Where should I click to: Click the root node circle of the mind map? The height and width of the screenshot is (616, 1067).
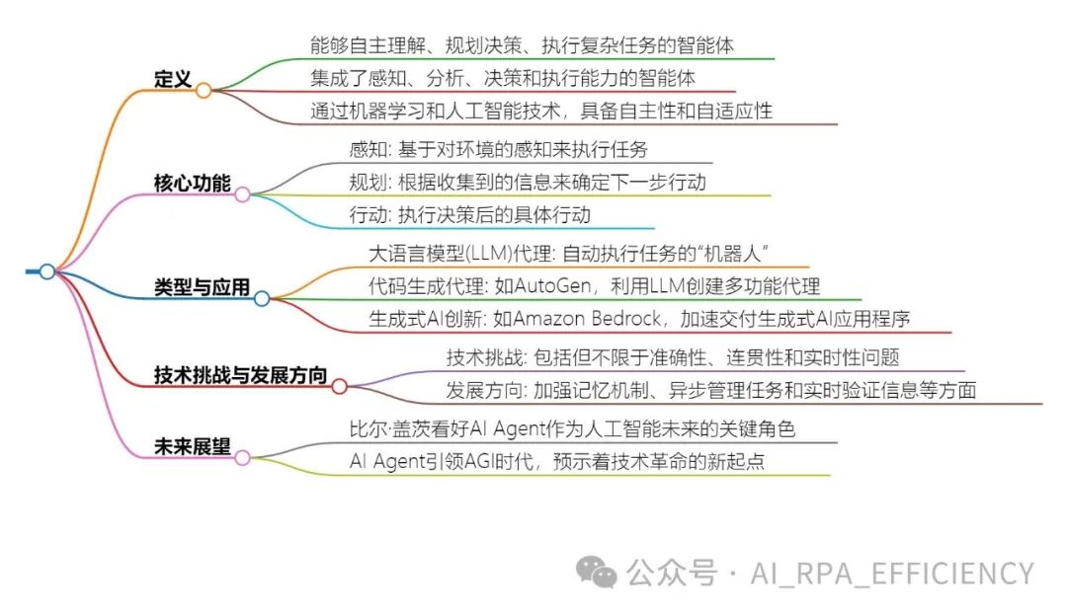pyautogui.click(x=46, y=271)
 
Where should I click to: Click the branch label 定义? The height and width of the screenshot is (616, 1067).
pyautogui.click(x=173, y=79)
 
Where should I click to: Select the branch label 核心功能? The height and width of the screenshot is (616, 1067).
pyautogui.click(x=191, y=184)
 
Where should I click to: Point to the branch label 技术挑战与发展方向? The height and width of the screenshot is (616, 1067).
pyautogui.click(x=241, y=375)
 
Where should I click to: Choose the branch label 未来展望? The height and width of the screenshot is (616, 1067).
pyautogui.click(x=193, y=446)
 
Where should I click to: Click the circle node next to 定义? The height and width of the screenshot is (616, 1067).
pyautogui.click(x=204, y=91)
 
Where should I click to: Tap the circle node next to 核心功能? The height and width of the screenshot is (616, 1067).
pyautogui.click(x=242, y=194)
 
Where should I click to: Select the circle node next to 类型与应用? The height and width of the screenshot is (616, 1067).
pyautogui.click(x=261, y=297)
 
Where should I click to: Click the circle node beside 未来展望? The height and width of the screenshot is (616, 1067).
pyautogui.click(x=242, y=457)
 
